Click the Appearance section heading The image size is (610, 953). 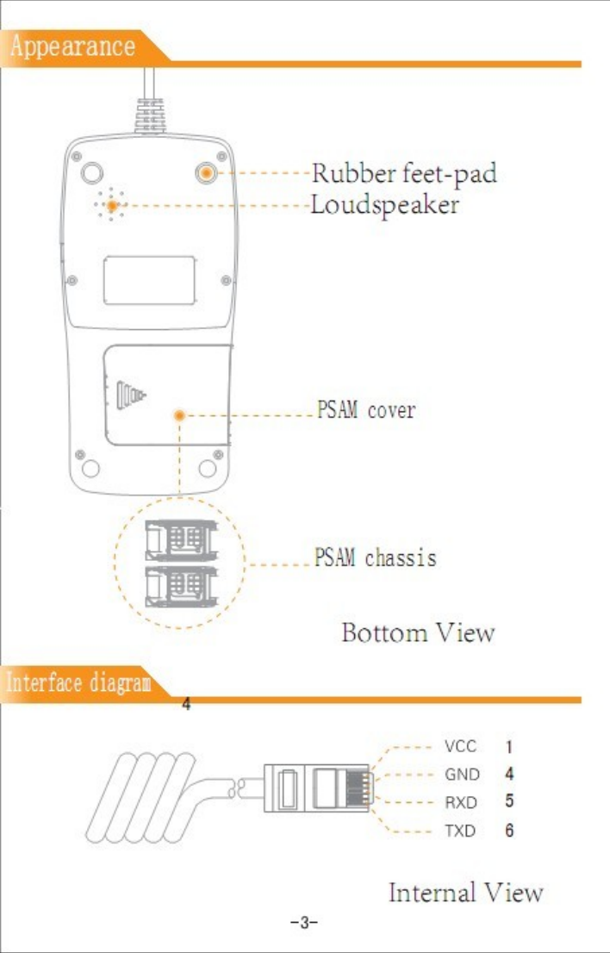(x=73, y=46)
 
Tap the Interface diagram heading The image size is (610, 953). (x=79, y=684)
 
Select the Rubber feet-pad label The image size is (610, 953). (x=404, y=173)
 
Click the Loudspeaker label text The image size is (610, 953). (x=385, y=206)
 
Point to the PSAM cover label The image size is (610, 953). (x=364, y=410)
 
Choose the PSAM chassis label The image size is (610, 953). (x=375, y=557)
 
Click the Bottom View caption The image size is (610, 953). (x=419, y=633)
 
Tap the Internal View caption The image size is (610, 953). (x=466, y=892)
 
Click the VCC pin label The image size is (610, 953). (x=461, y=744)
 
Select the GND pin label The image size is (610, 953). (x=462, y=774)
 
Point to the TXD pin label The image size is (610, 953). (x=461, y=832)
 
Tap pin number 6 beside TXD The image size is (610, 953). (x=510, y=832)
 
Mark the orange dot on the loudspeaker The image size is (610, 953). (x=111, y=206)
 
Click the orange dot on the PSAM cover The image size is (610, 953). (x=179, y=415)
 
